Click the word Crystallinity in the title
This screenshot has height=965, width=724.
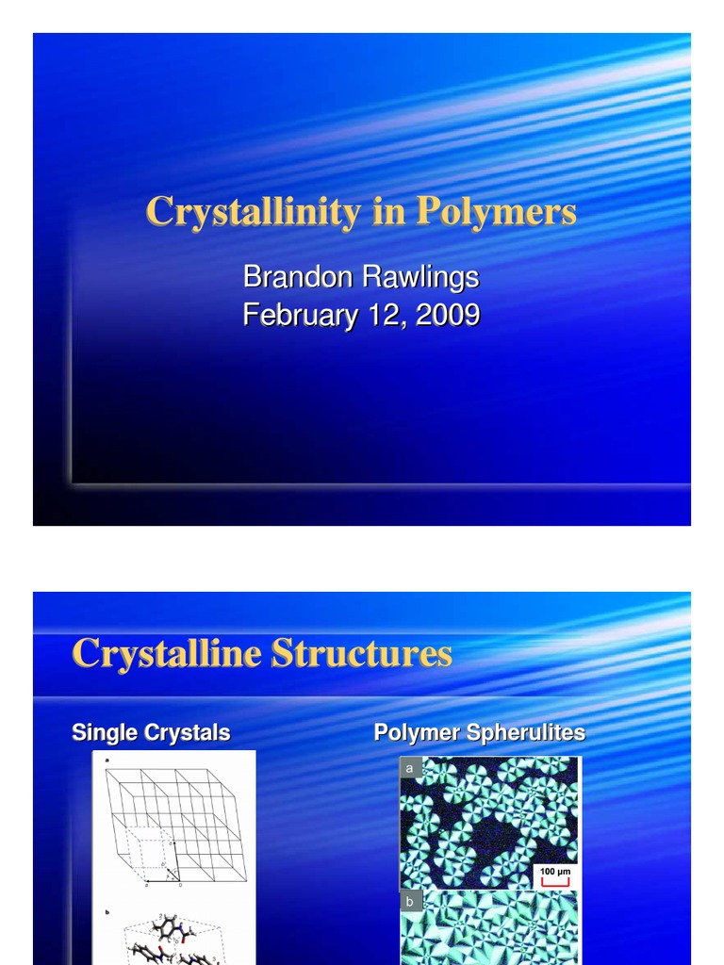pyautogui.click(x=252, y=212)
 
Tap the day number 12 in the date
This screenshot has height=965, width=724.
pyautogui.click(x=386, y=315)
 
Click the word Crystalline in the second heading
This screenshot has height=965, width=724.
pyautogui.click(x=167, y=653)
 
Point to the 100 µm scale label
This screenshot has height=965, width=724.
pyautogui.click(x=555, y=872)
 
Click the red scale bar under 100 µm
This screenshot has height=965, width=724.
pyautogui.click(x=555, y=883)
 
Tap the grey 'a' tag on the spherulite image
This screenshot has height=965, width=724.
pyautogui.click(x=409, y=769)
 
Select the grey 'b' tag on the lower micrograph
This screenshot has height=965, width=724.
pyautogui.click(x=409, y=902)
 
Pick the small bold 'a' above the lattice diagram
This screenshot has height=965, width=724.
pyautogui.click(x=107, y=760)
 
